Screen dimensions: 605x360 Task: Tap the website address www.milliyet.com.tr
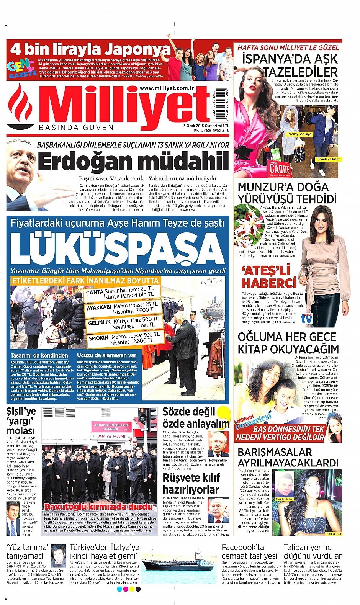pos(167,88)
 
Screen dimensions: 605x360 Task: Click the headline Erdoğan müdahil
pos(133,161)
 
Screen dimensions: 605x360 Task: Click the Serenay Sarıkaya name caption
pos(299,134)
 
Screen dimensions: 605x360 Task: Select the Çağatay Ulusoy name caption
pos(328,159)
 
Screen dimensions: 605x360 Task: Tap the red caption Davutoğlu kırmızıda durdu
pos(98,507)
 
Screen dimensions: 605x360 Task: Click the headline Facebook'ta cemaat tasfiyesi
pos(249,551)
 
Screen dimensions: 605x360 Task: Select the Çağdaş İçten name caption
pos(284,499)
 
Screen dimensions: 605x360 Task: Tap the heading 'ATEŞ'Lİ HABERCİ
pos(269,277)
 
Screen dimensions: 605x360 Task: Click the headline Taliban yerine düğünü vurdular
pos(313,551)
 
